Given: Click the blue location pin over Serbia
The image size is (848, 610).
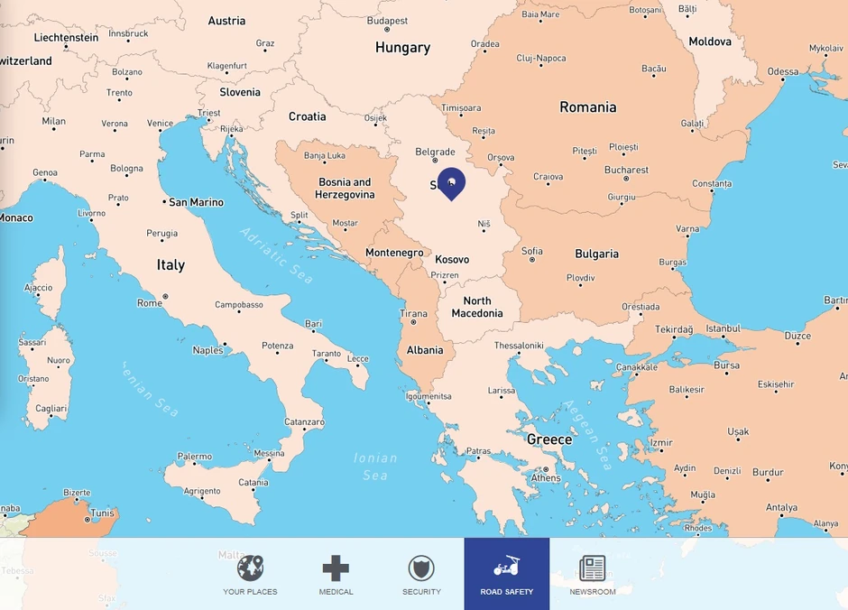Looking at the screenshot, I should [451, 182].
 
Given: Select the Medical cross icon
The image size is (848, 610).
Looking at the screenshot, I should [336, 568].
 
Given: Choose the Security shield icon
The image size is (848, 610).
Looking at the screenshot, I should [421, 568].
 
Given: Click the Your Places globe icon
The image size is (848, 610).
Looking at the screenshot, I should [250, 568].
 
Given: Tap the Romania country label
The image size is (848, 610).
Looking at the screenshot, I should [587, 107].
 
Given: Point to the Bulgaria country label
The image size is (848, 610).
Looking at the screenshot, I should [596, 254].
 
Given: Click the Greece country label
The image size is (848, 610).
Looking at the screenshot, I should [549, 440].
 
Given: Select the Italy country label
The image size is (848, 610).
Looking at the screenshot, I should [171, 265].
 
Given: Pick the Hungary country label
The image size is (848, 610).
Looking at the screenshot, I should [402, 48].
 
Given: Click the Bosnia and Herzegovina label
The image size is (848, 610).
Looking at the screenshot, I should [346, 189].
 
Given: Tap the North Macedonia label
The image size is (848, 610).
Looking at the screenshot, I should [477, 308].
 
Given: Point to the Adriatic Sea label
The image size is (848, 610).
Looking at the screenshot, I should [276, 254].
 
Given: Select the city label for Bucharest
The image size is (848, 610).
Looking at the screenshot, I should [626, 170].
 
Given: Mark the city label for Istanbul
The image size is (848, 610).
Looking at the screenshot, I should [723, 329].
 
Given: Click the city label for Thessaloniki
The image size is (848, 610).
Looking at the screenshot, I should [519, 346].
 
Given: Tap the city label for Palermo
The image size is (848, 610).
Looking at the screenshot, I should [194, 457].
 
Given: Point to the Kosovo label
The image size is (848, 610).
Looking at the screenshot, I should [452, 260].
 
